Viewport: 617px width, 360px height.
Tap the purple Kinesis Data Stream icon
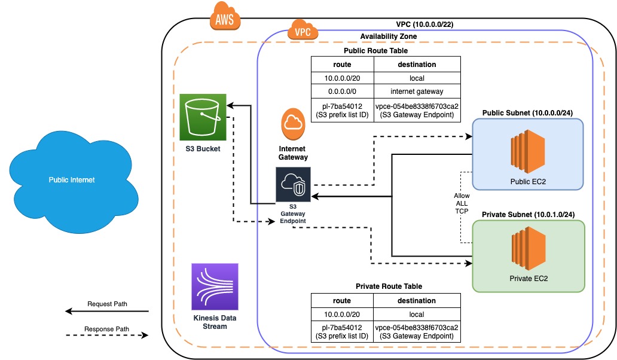point(214,286)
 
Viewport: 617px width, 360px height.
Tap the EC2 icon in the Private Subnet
point(529,251)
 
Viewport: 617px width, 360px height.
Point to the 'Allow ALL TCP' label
point(462,204)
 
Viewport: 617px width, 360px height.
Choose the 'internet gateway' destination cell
point(417,91)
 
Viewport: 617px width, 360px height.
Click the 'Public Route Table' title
point(375,51)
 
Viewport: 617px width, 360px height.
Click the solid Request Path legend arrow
point(106,311)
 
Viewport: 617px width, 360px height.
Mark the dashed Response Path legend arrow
point(106,335)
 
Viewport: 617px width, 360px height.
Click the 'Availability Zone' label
point(388,36)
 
